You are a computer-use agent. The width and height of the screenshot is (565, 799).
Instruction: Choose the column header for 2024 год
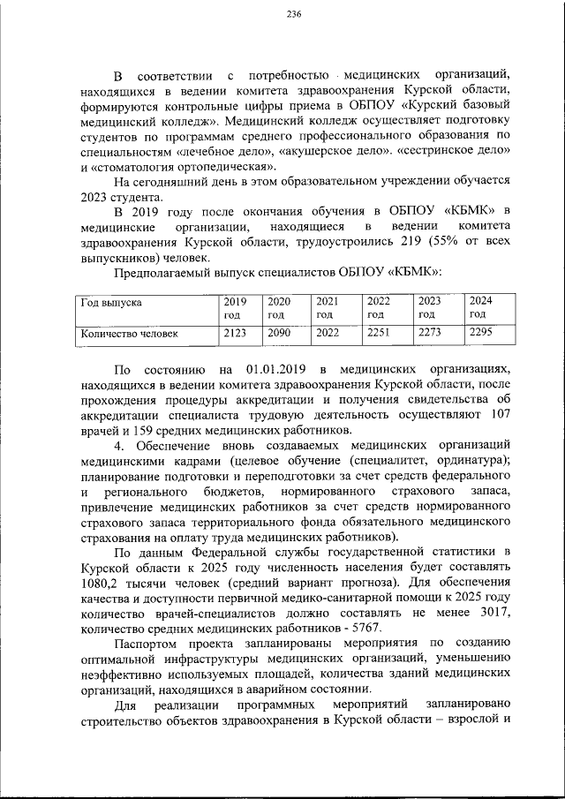(481, 306)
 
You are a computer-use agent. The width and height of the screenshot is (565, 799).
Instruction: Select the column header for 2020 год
(279, 306)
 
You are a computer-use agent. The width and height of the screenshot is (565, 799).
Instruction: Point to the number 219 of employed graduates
(385, 242)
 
